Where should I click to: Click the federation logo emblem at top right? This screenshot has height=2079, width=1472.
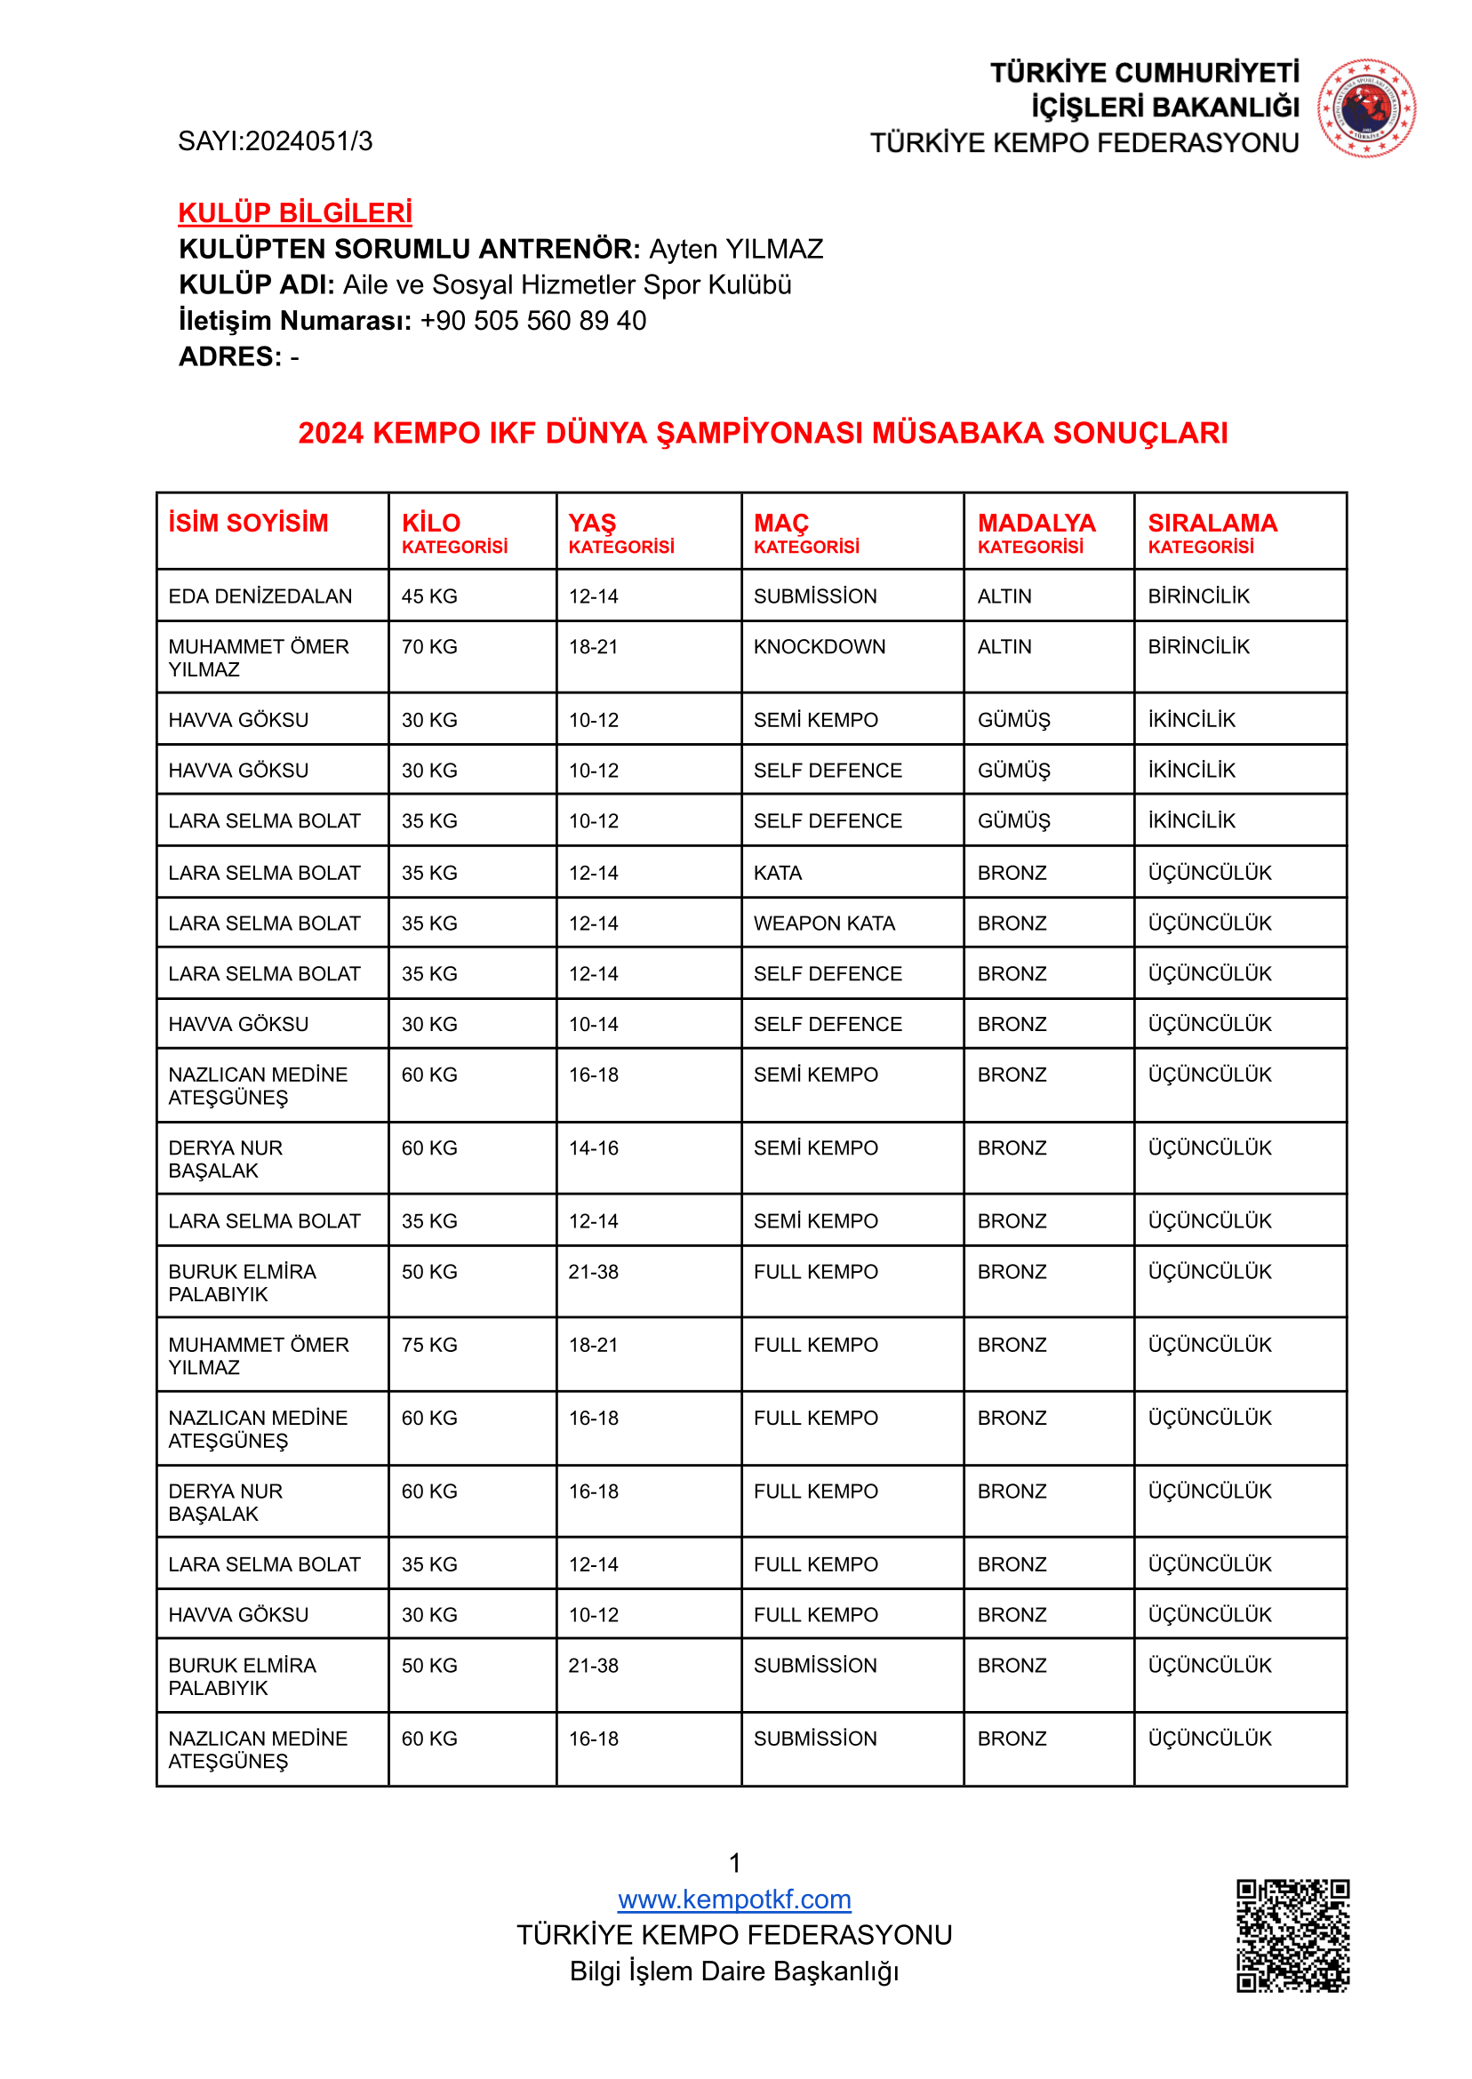click(x=1366, y=108)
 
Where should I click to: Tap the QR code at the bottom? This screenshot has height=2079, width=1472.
click(x=1292, y=1935)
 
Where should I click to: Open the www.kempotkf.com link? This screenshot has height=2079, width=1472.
click(x=734, y=1899)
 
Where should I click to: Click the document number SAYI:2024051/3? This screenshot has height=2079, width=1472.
click(x=275, y=141)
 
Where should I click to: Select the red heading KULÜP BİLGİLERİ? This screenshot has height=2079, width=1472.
click(x=294, y=213)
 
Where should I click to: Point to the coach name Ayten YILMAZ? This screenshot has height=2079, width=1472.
click(x=736, y=249)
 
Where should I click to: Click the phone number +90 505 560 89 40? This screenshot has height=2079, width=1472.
click(x=533, y=321)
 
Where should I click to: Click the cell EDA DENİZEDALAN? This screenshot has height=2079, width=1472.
click(x=260, y=596)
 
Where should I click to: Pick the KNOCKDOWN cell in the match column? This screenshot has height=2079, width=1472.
click(x=820, y=647)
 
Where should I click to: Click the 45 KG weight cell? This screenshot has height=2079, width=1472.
click(x=429, y=596)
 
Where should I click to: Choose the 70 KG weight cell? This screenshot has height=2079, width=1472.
click(x=429, y=647)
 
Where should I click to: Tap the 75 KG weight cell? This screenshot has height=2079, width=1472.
click(x=429, y=1345)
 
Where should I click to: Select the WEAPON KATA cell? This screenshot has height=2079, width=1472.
click(x=824, y=924)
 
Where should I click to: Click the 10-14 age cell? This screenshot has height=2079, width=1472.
click(x=594, y=1024)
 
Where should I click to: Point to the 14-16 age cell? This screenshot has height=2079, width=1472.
click(x=594, y=1148)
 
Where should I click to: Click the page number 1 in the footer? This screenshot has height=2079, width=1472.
click(x=735, y=1862)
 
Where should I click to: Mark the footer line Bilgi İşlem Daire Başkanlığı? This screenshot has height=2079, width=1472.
click(x=734, y=1971)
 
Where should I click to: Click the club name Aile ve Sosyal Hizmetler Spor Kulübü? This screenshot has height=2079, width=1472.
click(x=566, y=285)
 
